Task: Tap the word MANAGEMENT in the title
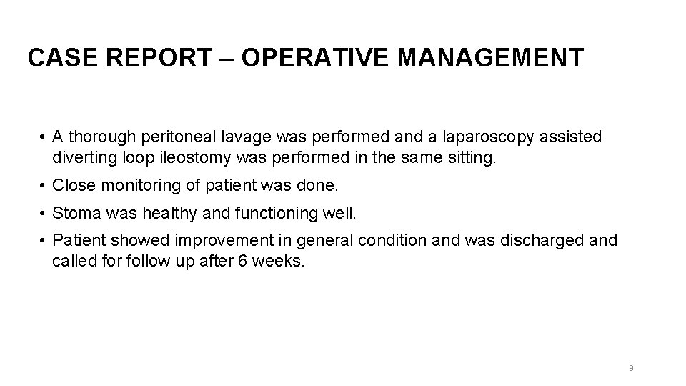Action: [x=490, y=57]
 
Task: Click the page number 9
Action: [x=631, y=368]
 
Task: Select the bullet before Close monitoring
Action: [x=44, y=186]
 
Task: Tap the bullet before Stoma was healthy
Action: [x=44, y=213]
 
